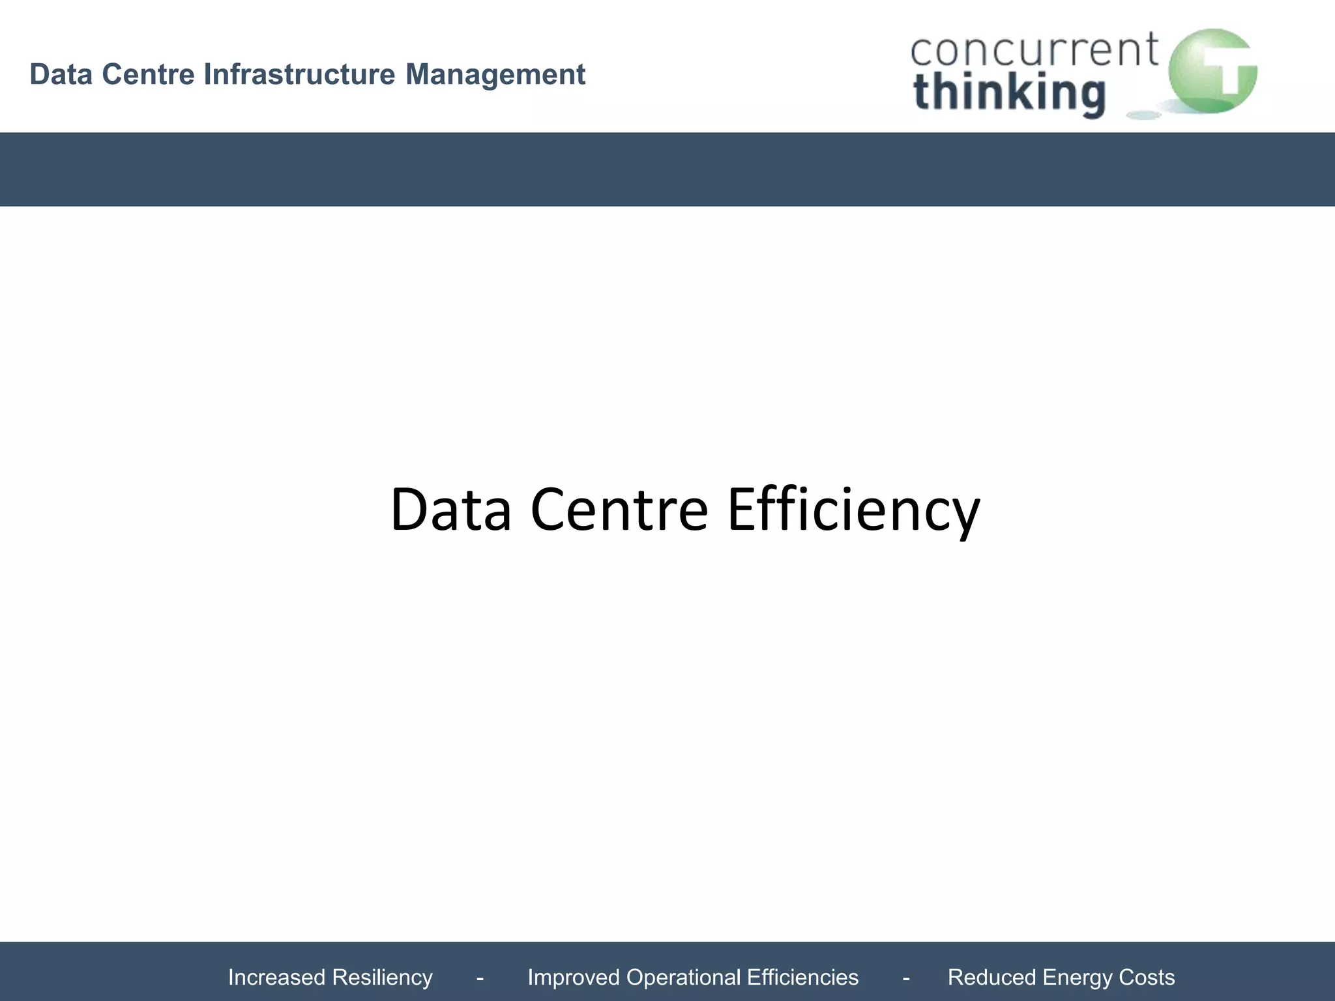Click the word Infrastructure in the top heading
(x=299, y=74)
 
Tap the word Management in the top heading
(x=495, y=74)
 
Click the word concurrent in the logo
(x=1034, y=50)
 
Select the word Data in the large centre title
(x=450, y=509)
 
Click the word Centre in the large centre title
(x=619, y=509)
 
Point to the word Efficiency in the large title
(x=853, y=510)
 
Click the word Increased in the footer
(x=276, y=978)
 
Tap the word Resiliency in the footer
(x=382, y=978)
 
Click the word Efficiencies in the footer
(x=803, y=978)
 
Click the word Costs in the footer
(x=1147, y=978)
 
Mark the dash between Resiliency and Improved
(x=480, y=978)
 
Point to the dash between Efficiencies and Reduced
(x=906, y=978)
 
